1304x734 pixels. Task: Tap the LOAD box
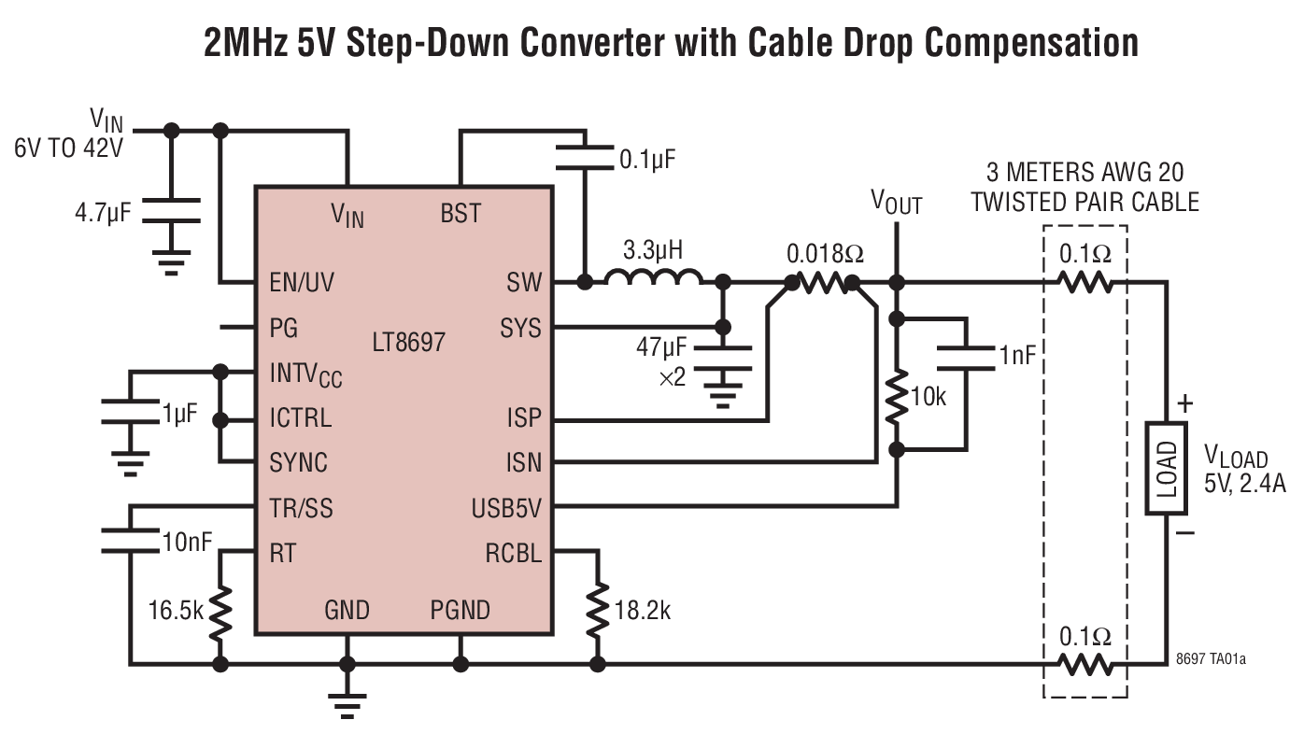(x=1167, y=468)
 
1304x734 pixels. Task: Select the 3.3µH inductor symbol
(x=653, y=278)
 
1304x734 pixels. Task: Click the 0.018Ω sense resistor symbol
(x=822, y=283)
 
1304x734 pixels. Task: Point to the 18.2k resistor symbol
(x=596, y=611)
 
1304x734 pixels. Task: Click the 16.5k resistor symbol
(x=221, y=611)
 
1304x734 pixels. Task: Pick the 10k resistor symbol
(x=897, y=397)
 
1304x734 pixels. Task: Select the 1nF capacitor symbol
(x=964, y=356)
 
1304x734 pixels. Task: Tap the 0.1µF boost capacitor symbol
(x=585, y=157)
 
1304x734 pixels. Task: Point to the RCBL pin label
(x=513, y=554)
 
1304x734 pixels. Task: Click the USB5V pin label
(x=506, y=509)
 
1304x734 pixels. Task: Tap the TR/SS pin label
(x=301, y=509)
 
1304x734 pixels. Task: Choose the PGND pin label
(x=460, y=611)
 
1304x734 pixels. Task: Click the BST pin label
(x=460, y=214)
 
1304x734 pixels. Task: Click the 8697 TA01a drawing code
(x=1211, y=659)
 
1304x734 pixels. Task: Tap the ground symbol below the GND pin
(x=347, y=705)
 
